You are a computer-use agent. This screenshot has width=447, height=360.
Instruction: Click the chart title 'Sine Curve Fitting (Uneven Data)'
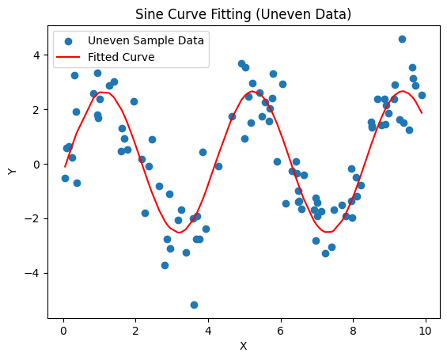coord(243,14)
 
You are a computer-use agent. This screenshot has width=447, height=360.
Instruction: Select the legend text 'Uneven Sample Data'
coord(146,40)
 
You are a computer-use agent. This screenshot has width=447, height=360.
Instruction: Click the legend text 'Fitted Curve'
coord(121,57)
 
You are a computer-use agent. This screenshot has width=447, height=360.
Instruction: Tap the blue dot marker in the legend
coord(67,40)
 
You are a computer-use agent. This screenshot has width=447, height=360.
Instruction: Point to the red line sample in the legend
coord(67,57)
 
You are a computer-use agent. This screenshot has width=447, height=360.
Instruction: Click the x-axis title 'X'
coord(243,346)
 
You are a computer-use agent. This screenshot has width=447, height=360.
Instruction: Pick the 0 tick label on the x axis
coord(63,328)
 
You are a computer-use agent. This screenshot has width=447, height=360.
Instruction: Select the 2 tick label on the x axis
coord(135,328)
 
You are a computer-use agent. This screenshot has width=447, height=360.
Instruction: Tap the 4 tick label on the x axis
coord(208,328)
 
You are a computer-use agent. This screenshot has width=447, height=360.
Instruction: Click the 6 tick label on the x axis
coord(280,328)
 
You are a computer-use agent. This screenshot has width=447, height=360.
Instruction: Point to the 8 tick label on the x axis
coord(353,328)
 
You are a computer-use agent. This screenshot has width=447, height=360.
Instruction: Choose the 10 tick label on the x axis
coord(425,328)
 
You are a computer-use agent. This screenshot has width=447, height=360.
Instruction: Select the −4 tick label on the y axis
coord(32,274)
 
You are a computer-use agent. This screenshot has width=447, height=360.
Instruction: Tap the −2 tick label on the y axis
coord(32,219)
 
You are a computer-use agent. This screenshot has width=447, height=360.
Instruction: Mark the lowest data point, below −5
coord(194,305)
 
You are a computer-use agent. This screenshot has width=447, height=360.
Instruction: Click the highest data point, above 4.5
coord(402,39)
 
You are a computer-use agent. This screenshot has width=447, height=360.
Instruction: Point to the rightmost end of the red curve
coord(422,112)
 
